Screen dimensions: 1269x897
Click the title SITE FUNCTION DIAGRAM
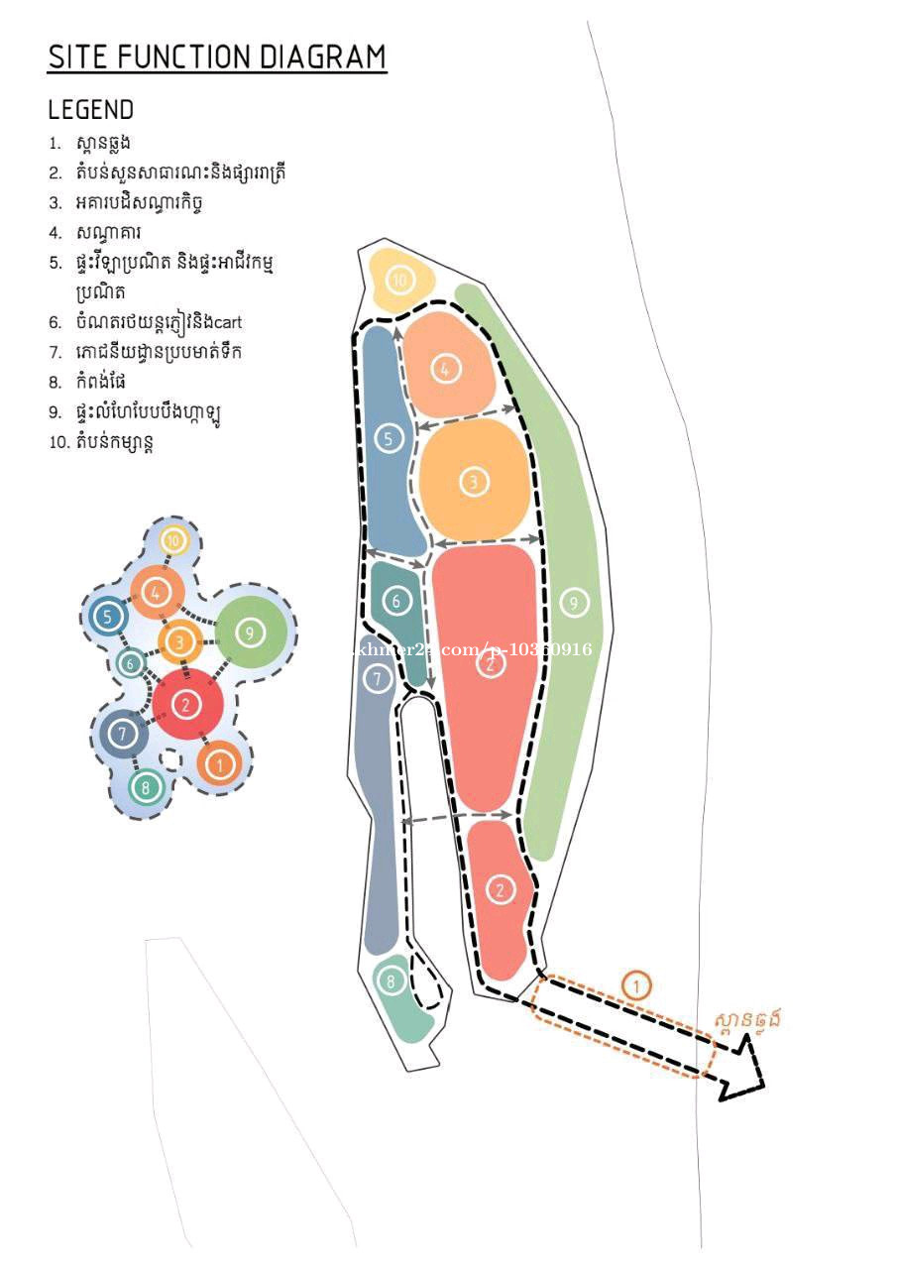coord(217,58)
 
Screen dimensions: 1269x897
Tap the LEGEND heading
coord(90,109)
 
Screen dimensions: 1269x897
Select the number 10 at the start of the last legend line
coord(58,442)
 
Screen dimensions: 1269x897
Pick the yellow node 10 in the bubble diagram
coord(174,541)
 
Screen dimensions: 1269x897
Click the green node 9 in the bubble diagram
coord(251,632)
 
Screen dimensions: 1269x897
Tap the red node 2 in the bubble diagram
coord(186,705)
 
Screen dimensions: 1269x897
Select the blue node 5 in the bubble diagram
coord(106,617)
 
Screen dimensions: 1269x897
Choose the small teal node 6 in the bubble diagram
coord(130,663)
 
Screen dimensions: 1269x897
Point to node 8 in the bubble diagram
coord(146,788)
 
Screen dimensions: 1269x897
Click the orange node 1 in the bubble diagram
coord(219,763)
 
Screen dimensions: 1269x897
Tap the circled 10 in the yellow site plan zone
coord(399,281)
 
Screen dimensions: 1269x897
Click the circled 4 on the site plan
coord(445,369)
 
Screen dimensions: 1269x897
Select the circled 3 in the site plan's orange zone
coord(474,482)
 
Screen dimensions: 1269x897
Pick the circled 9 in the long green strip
coord(571,602)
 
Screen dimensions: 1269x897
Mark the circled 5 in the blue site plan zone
coord(390,437)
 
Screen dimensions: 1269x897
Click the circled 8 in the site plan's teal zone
coord(391,981)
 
